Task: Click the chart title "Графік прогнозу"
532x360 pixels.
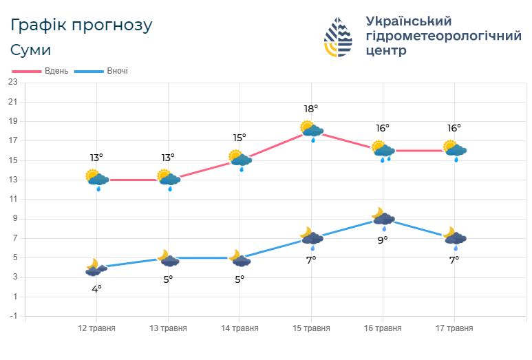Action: click(81, 25)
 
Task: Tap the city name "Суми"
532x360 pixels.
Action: click(31, 50)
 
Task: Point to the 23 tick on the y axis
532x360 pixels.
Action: click(12, 83)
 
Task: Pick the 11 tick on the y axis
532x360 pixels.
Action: click(12, 200)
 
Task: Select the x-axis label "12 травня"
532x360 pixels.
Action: click(96, 328)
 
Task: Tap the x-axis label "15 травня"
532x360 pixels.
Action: click(311, 328)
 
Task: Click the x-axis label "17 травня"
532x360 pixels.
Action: click(454, 328)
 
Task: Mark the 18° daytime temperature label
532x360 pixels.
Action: click(311, 109)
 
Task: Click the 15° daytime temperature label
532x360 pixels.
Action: click(240, 138)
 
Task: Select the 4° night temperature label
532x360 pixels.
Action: click(96, 288)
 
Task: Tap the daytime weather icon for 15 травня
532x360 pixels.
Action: click(312, 129)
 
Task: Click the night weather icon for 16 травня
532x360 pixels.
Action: click(383, 218)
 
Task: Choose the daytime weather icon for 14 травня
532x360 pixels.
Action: click(240, 159)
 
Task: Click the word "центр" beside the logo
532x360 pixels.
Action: click(386, 50)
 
